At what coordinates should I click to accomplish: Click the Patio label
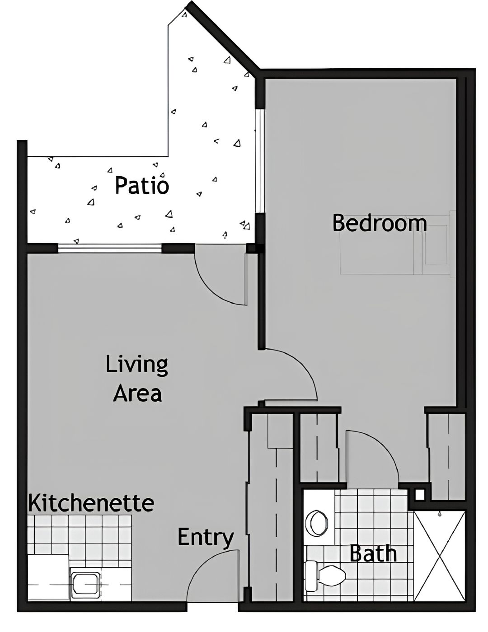pos(142,185)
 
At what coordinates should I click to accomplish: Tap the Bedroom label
pos(380,223)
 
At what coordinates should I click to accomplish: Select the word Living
pos(137,365)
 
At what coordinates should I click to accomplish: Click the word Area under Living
pos(137,393)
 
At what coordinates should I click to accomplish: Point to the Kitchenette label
pos(91,503)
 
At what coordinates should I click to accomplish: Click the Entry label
pos(206,537)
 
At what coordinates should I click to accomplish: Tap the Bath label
pos(373,553)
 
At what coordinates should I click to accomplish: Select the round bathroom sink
pos(317,523)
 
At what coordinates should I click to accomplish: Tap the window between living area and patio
pos(110,248)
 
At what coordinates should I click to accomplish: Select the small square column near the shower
pos(419,495)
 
